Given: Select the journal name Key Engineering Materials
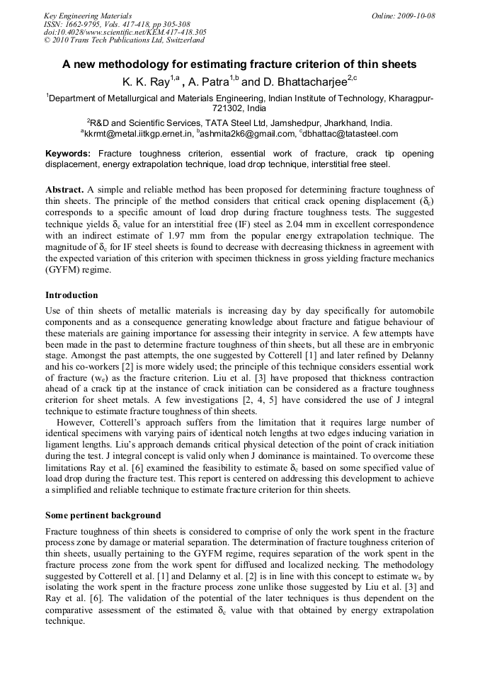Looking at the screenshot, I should (88, 16).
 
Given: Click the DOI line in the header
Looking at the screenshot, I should (125, 33).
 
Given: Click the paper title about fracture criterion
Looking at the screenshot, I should (239, 64).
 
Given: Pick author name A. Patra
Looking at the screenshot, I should (210, 81).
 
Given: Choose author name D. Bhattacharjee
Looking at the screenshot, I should (305, 81).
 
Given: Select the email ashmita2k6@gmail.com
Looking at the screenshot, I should (259, 133).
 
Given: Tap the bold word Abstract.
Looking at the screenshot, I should (64, 190).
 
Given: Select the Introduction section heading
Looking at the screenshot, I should (72, 295).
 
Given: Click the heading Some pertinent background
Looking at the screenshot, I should (103, 515).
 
